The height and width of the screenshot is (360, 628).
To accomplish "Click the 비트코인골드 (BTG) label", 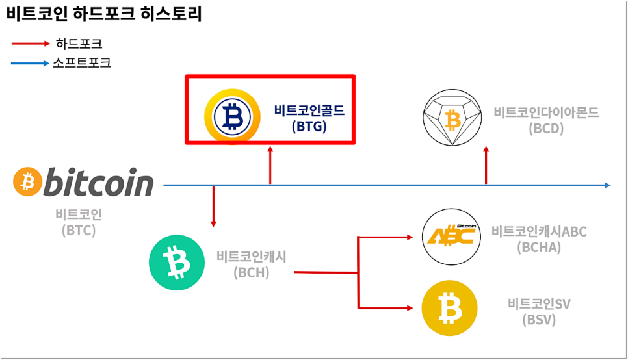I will (x=309, y=118).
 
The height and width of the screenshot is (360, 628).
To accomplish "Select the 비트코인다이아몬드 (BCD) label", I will (x=546, y=120).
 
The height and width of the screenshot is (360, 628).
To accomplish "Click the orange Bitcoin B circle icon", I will (x=27, y=183).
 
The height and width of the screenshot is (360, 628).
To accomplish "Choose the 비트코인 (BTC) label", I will (x=79, y=222).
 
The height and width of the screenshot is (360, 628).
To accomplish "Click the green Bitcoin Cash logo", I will (x=176, y=263).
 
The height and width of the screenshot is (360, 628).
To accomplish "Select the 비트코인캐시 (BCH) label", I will (x=252, y=263).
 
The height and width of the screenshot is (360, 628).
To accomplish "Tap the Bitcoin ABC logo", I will (x=451, y=236).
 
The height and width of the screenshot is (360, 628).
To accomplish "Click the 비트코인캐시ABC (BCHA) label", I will (x=539, y=238).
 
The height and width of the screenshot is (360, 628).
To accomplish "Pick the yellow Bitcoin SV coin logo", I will (x=449, y=308).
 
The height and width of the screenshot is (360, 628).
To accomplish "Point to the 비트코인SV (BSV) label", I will (x=539, y=311).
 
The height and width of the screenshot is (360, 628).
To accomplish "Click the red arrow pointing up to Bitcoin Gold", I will (x=270, y=166).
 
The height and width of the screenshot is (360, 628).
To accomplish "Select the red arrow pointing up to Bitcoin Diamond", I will (x=486, y=166).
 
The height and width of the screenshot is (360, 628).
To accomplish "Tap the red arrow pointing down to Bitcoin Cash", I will (x=213, y=207).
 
